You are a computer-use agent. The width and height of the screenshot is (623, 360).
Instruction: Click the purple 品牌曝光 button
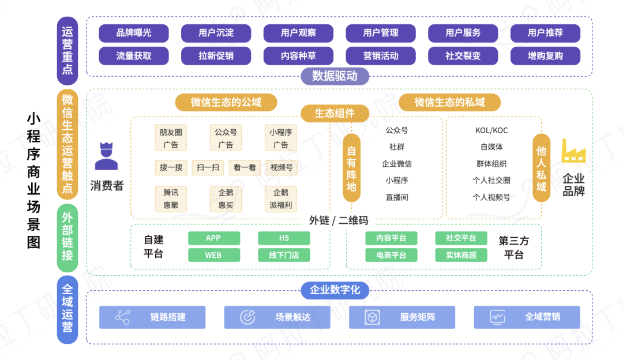click(134, 33)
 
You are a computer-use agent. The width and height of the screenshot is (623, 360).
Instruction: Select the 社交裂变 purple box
click(463, 56)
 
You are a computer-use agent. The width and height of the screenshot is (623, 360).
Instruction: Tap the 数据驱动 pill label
click(335, 76)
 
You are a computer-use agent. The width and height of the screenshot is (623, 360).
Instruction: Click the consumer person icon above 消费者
click(106, 156)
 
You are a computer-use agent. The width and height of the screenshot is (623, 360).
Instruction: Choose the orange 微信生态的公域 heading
click(226, 102)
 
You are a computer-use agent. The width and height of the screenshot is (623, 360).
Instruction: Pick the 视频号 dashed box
click(281, 168)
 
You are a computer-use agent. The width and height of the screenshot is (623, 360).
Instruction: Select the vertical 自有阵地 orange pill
click(351, 168)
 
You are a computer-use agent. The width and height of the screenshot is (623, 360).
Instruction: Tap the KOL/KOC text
click(491, 130)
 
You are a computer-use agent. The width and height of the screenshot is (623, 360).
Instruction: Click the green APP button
click(213, 238)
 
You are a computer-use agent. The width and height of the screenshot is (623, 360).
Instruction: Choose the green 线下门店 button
click(283, 255)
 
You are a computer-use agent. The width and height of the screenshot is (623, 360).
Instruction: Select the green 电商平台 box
click(391, 255)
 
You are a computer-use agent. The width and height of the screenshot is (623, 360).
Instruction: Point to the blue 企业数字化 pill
click(335, 290)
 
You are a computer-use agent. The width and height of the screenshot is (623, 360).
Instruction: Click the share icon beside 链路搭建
click(122, 317)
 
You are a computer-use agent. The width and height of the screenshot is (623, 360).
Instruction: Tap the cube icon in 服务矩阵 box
click(372, 317)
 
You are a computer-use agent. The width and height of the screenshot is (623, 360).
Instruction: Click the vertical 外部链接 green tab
click(67, 238)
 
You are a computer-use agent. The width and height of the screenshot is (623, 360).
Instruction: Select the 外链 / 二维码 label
click(339, 220)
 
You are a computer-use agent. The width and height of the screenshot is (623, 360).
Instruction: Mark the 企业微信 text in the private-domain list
click(397, 164)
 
